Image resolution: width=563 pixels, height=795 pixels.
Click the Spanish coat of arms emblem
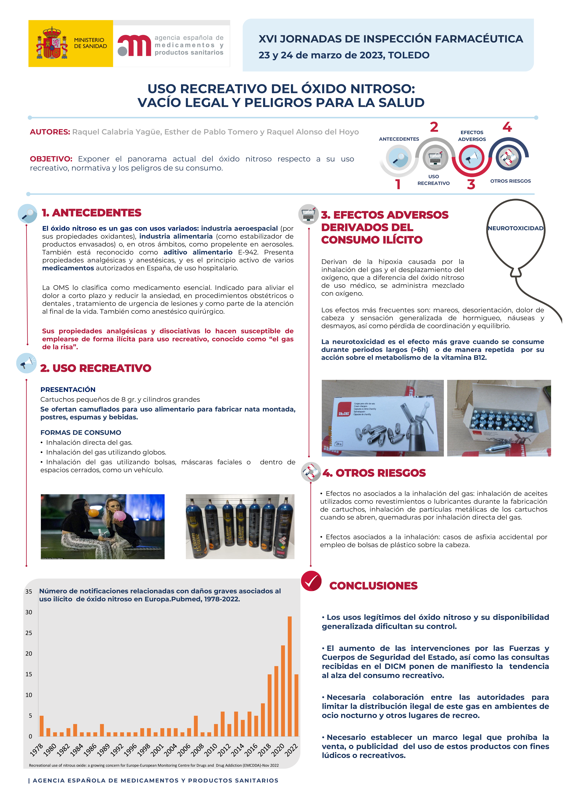tap(52, 43)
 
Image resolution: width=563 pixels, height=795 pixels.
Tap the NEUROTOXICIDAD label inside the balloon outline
tap(516, 228)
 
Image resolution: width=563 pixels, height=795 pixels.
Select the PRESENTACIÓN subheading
tap(68, 390)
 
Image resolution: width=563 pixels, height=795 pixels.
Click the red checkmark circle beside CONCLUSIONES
tap(311, 581)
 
